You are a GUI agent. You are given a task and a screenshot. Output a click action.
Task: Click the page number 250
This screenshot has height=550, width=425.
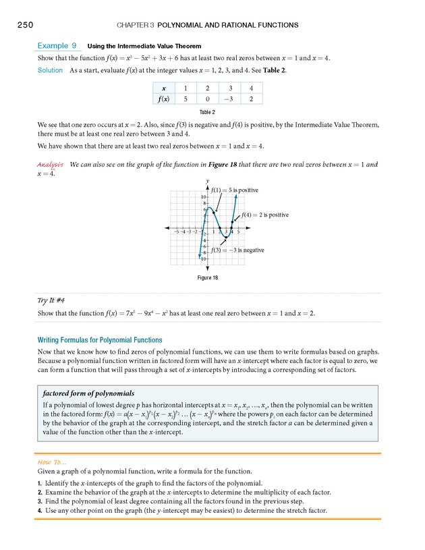[22, 25]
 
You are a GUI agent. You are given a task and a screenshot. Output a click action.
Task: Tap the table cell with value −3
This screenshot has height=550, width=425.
[227, 99]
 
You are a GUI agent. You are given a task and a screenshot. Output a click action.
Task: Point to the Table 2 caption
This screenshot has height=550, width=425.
[207, 111]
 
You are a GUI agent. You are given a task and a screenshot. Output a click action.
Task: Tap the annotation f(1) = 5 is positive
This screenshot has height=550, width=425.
[235, 190]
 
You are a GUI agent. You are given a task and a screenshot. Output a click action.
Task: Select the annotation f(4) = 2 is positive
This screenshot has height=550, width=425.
[264, 215]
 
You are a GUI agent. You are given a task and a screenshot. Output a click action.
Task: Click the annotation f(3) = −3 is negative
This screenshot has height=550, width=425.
[237, 250]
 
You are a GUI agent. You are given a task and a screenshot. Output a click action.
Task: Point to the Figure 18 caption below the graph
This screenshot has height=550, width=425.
[207, 277]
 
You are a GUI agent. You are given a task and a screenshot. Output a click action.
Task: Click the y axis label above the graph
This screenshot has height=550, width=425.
[207, 181]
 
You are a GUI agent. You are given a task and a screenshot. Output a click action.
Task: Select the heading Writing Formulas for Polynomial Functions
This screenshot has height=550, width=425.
[100, 339]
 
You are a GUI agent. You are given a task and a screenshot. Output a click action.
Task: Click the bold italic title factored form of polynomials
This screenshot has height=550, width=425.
[86, 393]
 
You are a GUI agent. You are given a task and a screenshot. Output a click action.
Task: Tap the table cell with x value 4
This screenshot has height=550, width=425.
[250, 87]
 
